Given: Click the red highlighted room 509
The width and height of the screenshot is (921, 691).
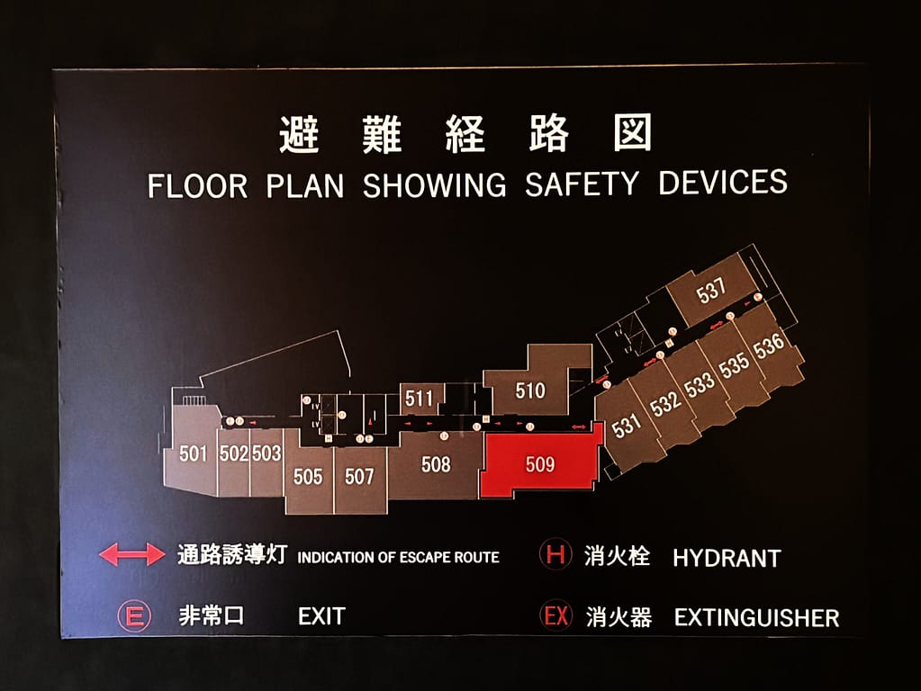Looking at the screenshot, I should click(x=540, y=464).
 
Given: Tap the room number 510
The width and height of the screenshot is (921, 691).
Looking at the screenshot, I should click(x=530, y=390).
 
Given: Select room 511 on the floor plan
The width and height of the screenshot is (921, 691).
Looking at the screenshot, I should click(x=419, y=398).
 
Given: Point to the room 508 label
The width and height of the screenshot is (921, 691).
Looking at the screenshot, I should click(x=436, y=465).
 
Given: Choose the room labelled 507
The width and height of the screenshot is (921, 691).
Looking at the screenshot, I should click(x=359, y=476).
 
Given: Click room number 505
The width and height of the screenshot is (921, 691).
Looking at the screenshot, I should click(x=308, y=476).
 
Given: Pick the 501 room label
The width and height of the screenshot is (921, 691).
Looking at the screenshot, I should click(x=194, y=453).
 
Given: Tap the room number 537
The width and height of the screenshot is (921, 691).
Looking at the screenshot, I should click(x=711, y=291).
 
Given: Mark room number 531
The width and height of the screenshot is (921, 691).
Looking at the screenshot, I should click(x=627, y=426).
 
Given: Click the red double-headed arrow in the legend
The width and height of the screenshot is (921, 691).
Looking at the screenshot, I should click(x=132, y=555).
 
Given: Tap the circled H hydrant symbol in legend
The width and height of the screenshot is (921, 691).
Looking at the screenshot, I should click(x=555, y=555).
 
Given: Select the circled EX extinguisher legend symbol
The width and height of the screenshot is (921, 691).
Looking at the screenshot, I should click(x=555, y=616).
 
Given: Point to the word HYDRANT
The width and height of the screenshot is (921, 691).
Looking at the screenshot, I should click(x=727, y=558).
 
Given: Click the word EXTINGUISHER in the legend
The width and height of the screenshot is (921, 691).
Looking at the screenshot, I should click(x=756, y=618).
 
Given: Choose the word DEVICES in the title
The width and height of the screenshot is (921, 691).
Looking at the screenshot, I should click(x=723, y=183).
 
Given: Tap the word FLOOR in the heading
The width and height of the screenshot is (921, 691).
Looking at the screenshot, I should click(x=197, y=186).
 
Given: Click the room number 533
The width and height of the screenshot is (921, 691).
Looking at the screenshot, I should click(x=700, y=384).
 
